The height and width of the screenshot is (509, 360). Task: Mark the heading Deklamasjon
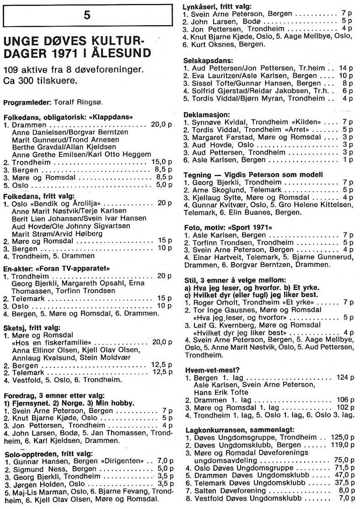click(207, 114)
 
